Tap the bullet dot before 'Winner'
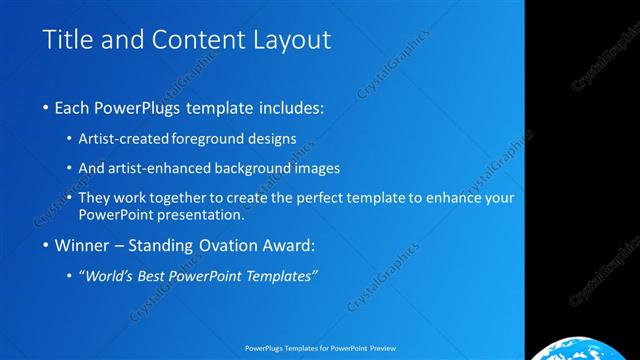pos(46,245)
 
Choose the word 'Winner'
pos(81,245)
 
